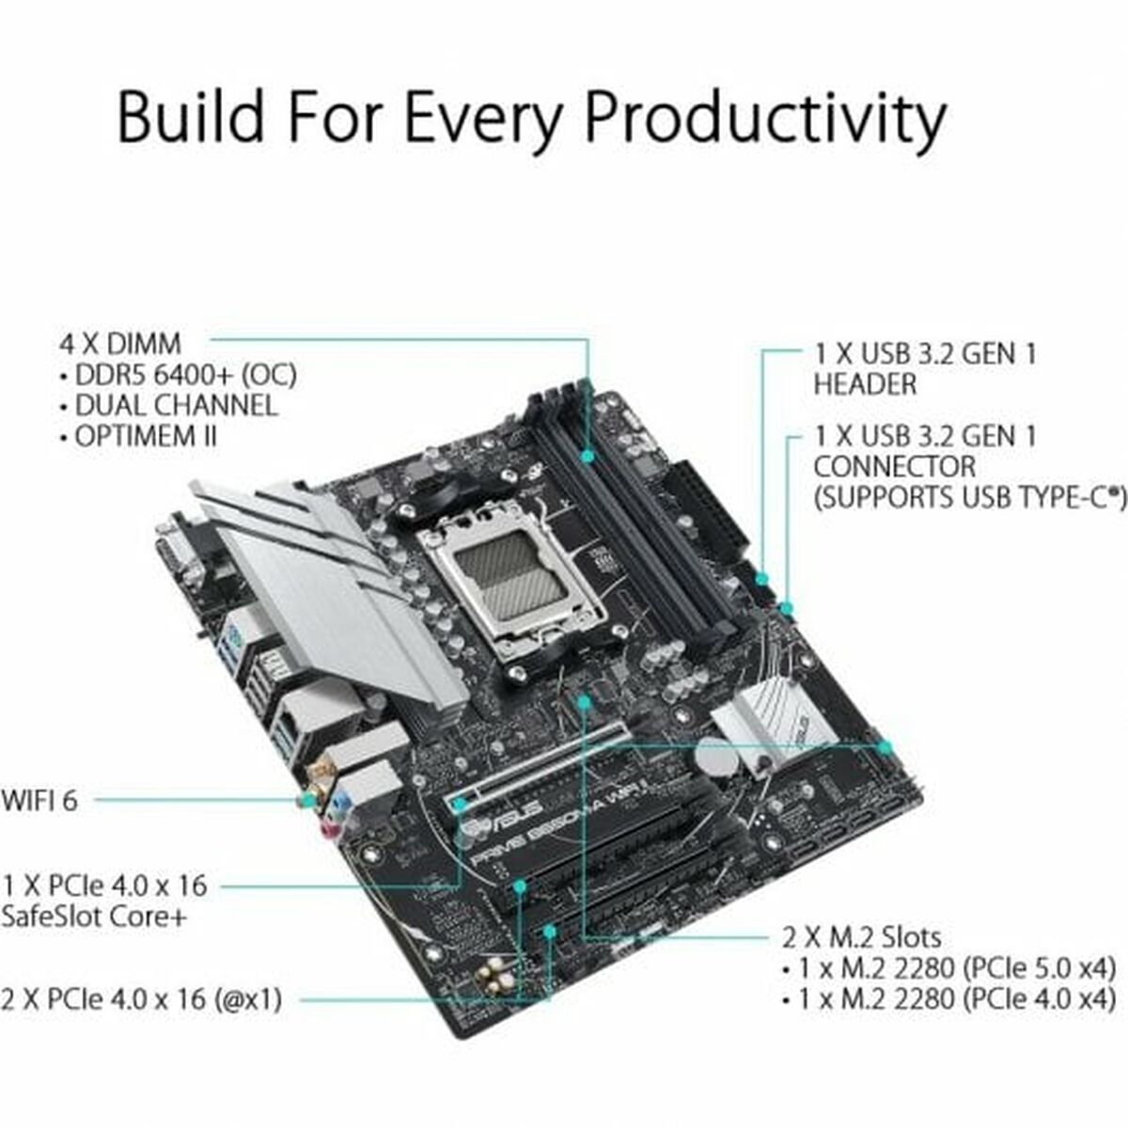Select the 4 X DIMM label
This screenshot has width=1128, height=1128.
click(x=120, y=343)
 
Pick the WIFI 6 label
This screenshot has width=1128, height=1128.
click(x=39, y=800)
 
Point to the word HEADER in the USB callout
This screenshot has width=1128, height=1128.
click(x=865, y=384)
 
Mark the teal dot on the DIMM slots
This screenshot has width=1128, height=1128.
click(x=587, y=456)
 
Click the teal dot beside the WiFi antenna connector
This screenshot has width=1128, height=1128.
click(x=306, y=800)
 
